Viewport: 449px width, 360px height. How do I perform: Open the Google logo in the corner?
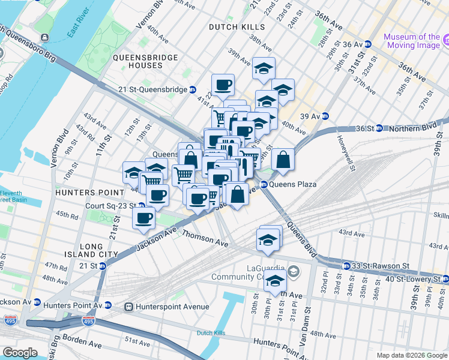(x=20, y=353)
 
